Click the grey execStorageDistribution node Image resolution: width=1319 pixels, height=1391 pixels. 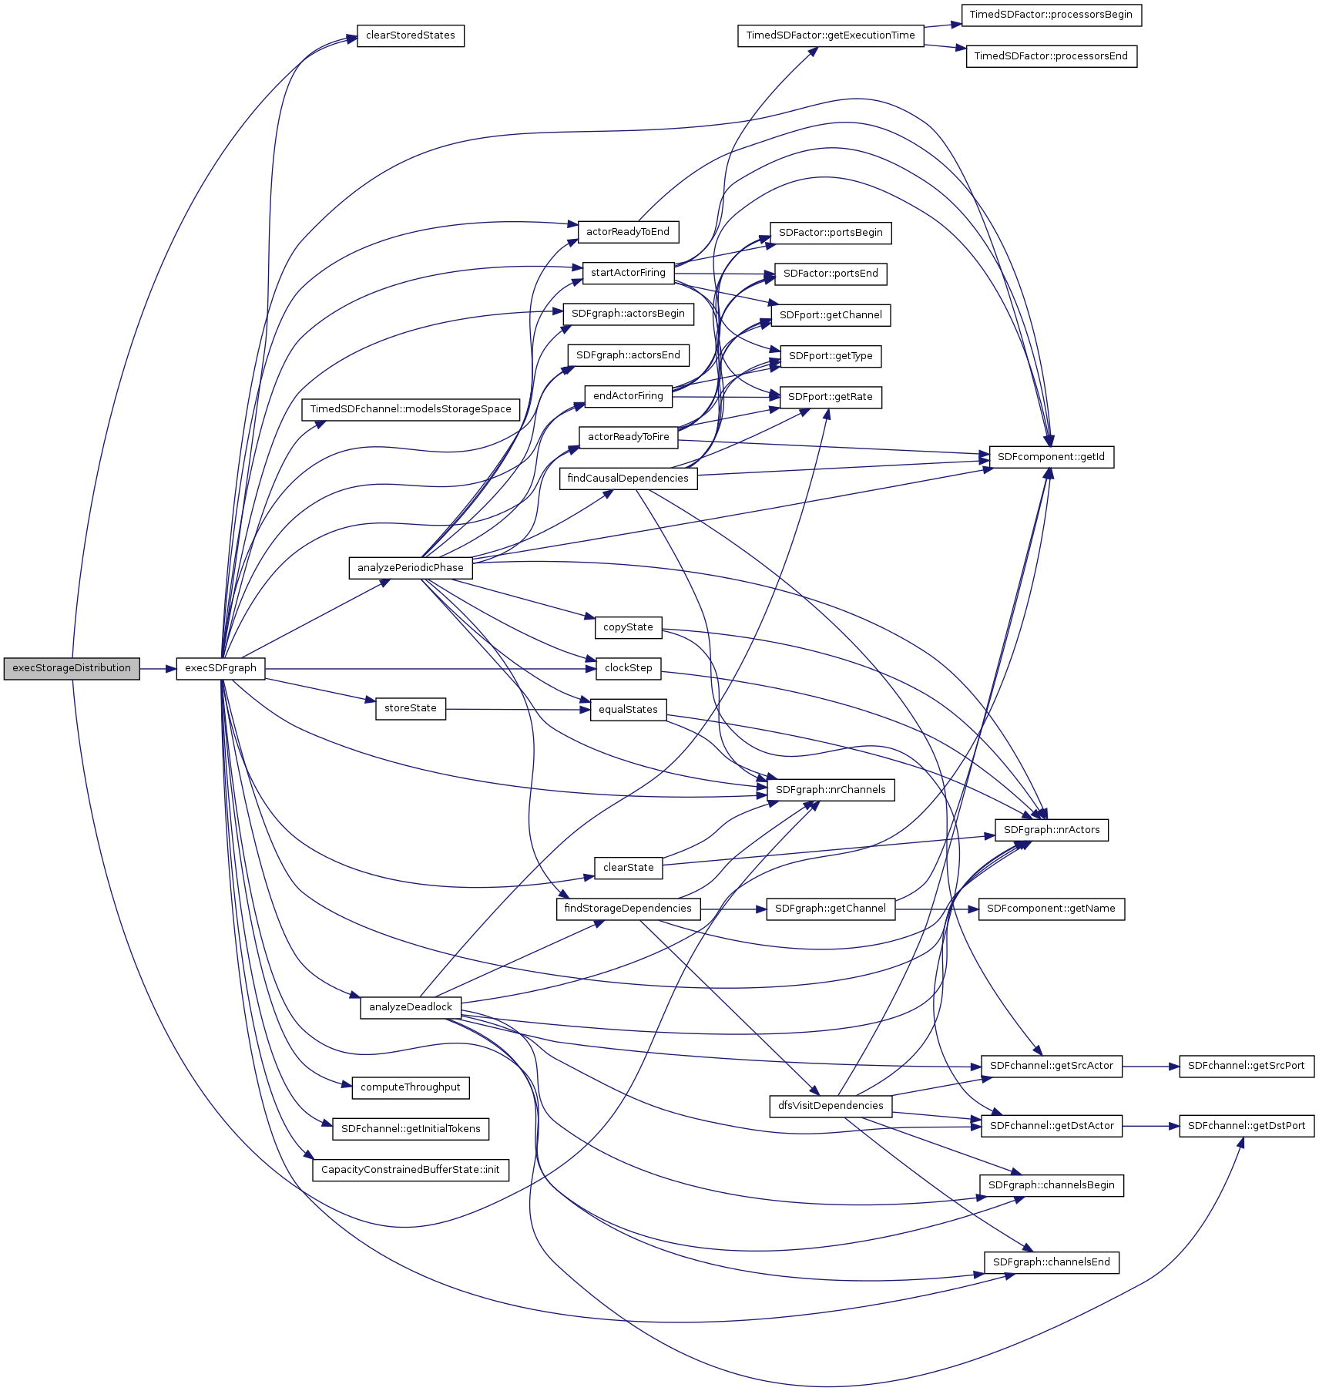click(72, 668)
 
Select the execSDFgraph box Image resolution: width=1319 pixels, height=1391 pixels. click(220, 668)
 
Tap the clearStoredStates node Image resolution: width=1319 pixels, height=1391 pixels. click(410, 35)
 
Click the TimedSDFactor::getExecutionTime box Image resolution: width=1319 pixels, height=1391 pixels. click(830, 35)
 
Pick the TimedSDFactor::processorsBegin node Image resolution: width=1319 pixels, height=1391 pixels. click(1051, 15)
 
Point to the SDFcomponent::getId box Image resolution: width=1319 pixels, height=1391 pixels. click(1051, 457)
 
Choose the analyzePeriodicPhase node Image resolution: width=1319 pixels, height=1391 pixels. click(410, 568)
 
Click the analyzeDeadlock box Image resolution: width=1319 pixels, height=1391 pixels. click(410, 1007)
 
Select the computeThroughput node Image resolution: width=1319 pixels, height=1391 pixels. click(410, 1087)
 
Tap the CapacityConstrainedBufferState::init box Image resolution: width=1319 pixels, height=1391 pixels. click(410, 1170)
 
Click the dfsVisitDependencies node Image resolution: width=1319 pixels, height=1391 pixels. click(830, 1106)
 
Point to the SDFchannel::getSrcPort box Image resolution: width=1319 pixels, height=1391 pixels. click(1246, 1066)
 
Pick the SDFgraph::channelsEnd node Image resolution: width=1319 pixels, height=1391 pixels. click(1051, 1262)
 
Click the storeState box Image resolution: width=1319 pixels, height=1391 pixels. click(410, 708)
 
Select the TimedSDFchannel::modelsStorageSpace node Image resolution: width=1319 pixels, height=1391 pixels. click(410, 409)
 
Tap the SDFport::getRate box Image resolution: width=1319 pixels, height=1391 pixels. click(830, 397)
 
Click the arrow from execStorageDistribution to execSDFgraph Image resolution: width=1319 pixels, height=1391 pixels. click(158, 668)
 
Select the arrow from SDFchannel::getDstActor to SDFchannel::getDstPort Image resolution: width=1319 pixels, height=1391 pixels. click(1150, 1126)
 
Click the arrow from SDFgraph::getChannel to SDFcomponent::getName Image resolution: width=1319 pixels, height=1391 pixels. click(937, 909)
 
